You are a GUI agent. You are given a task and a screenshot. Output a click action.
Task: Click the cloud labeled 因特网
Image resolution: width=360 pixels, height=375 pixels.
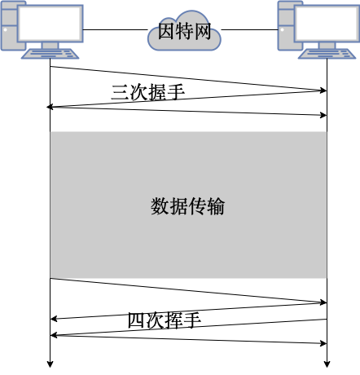pos(184,30)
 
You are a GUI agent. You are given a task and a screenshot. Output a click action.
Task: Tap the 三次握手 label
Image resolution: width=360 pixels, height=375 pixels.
pos(148,92)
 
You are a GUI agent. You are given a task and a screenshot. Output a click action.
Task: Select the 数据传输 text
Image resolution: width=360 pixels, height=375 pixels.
pos(187,206)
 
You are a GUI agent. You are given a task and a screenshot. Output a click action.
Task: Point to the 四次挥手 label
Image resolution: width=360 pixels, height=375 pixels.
pos(165,320)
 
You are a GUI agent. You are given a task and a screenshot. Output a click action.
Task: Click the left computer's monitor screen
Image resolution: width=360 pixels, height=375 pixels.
pos(50,24)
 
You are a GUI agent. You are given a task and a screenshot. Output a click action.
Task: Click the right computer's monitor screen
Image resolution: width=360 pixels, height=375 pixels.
pos(327,24)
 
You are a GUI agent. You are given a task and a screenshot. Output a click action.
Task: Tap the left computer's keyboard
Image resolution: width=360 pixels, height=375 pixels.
pos(50,54)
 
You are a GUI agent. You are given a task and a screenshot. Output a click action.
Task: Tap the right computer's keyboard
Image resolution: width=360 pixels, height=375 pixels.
pos(327,54)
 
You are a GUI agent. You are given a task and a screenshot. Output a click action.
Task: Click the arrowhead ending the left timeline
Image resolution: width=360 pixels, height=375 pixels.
pos(50,364)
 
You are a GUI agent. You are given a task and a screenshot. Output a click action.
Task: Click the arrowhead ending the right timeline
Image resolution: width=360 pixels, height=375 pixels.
pos(327,364)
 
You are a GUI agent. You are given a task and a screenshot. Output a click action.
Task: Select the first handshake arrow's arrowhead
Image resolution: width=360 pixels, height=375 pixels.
pos(323,90)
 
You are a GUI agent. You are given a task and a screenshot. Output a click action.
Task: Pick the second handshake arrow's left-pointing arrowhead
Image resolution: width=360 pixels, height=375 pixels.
pos(50,107)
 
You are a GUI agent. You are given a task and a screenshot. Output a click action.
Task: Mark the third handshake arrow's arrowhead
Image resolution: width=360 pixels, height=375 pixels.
pos(323,115)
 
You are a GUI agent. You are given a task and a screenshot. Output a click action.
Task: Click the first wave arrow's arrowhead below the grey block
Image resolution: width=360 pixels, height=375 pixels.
pos(323,302)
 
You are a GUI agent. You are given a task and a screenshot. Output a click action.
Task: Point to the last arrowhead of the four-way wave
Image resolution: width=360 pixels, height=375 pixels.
pos(323,343)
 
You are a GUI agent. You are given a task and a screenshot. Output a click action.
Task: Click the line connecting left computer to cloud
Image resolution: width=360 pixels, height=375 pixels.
pos(115,29)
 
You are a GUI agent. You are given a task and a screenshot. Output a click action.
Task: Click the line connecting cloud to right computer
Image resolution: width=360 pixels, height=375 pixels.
pos(249,29)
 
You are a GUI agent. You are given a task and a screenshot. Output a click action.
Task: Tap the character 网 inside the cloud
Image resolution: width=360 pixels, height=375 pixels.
pos(202,31)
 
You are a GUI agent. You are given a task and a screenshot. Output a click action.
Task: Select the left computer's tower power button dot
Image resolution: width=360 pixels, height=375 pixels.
pos(5,29)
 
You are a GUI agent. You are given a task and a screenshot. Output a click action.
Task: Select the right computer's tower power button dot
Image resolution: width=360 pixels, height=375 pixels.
pos(282,29)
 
